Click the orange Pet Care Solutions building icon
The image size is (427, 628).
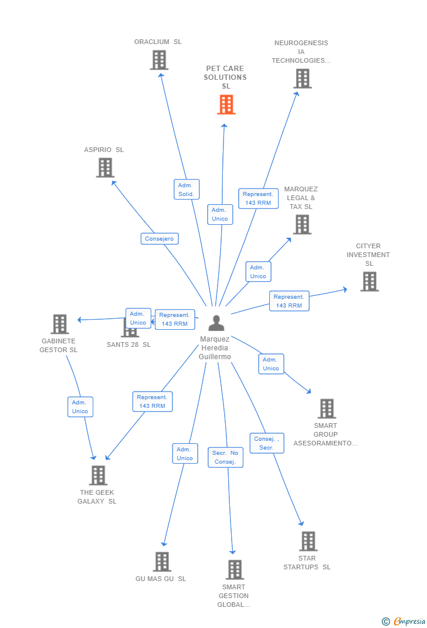pos(226,104)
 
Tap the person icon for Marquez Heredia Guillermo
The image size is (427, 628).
pos(216,323)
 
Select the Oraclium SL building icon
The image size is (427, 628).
pos(159,60)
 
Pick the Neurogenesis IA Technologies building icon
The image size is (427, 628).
pos(302,79)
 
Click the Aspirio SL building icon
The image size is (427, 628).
pos(105,168)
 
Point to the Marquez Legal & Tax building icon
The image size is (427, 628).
pos(302,224)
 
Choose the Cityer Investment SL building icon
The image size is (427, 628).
pos(369,282)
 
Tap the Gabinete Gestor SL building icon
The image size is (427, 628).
pos(60,324)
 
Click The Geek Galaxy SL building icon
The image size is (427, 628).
pos(98,475)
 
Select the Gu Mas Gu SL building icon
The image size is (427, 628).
pos(162,562)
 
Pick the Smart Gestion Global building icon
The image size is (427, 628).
pos(235,570)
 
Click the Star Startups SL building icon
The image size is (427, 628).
pos(308,541)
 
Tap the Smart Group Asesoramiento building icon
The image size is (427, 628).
pos(327,408)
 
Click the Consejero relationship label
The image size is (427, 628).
pos(160,239)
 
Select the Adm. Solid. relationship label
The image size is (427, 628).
pos(187,190)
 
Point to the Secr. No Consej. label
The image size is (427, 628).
pos(225,457)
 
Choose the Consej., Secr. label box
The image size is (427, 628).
pos(267,443)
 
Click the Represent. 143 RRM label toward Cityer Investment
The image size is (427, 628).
pos(289,301)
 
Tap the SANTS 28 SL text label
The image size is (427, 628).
pos(128,345)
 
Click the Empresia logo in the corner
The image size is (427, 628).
pos(404,622)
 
